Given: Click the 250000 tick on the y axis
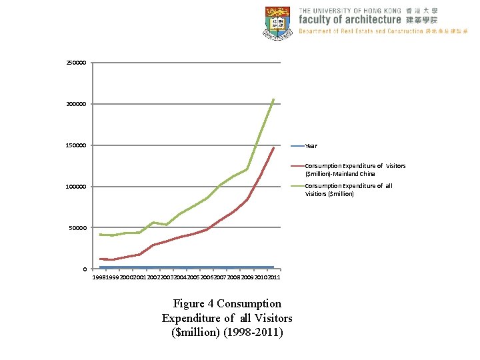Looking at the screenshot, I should point(76,63).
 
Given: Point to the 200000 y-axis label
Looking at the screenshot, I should point(76,104).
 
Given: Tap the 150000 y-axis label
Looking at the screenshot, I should point(76,145).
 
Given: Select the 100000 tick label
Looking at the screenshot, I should point(76,187).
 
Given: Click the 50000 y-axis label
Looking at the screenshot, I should point(78,228).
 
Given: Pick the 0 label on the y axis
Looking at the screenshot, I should point(84,269).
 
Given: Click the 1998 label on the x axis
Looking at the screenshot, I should point(99,277).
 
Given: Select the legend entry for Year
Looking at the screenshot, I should point(311,146).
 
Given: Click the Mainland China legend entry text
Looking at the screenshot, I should point(355,169).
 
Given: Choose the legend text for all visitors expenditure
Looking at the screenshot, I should point(349,190).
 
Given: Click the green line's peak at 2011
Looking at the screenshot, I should point(273,99).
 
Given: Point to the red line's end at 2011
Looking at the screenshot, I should point(273,148).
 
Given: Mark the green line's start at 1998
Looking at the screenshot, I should point(100,235).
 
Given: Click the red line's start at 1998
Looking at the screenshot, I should point(100,259).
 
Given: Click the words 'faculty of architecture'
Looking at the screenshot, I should point(349,20).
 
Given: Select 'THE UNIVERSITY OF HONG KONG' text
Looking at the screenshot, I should point(349,11).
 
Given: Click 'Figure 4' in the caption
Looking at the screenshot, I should point(193,304).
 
